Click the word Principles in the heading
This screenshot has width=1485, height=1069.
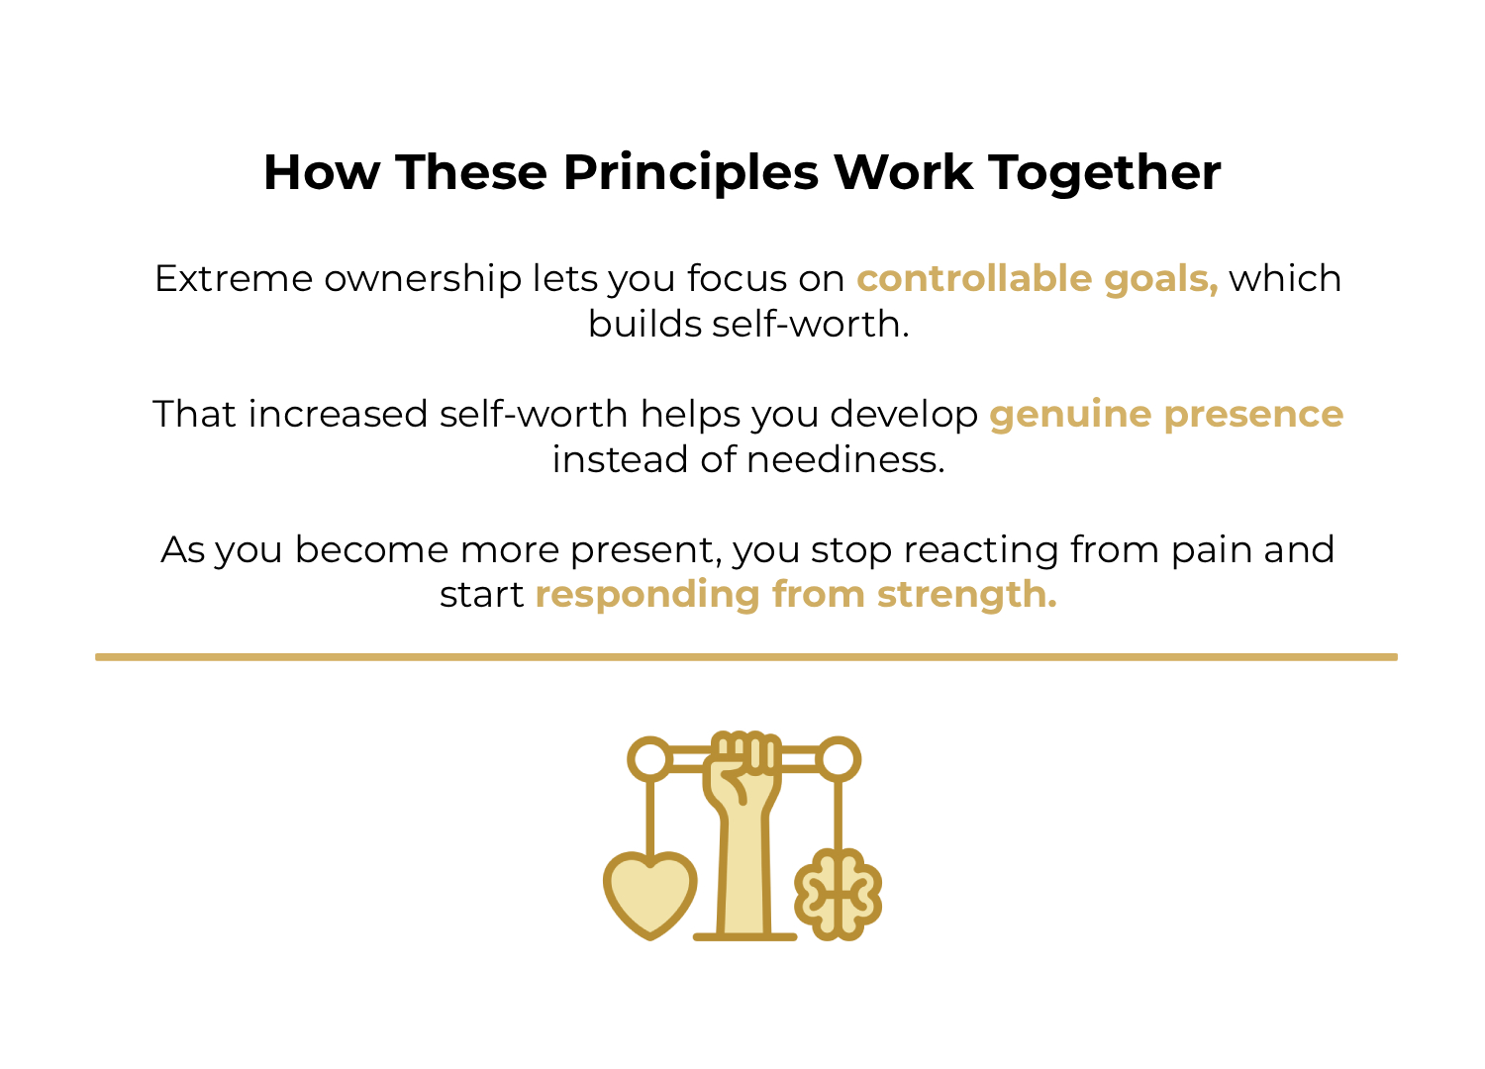click(690, 172)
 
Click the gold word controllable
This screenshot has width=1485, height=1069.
click(974, 279)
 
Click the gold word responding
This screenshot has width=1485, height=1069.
click(647, 596)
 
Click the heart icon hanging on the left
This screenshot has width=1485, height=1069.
click(650, 893)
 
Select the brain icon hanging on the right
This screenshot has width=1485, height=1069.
click(839, 894)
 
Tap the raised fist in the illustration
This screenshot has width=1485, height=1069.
click(743, 767)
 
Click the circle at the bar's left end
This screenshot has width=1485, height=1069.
click(650, 760)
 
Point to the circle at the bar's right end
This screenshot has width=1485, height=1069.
click(839, 760)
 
